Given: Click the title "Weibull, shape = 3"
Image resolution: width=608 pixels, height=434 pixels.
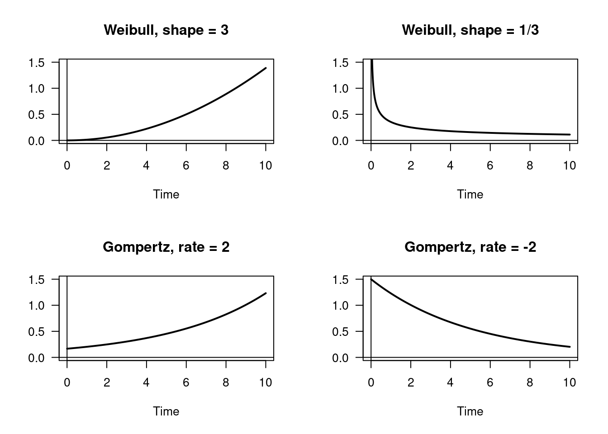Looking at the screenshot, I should click(166, 30).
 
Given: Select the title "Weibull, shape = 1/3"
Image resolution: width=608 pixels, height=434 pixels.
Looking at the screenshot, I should click(470, 30).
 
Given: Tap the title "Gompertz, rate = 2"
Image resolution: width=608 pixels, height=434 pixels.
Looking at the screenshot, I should click(166, 247).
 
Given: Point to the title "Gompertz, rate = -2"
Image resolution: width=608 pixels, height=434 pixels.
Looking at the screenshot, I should click(470, 247).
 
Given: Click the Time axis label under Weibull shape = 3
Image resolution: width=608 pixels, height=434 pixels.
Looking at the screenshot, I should click(166, 194).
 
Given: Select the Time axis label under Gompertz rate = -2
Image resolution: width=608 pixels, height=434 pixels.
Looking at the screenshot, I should click(470, 411).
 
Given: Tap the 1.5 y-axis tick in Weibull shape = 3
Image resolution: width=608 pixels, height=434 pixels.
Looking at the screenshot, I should click(36, 62).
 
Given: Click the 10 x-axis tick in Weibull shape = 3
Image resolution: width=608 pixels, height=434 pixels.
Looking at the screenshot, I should click(266, 165).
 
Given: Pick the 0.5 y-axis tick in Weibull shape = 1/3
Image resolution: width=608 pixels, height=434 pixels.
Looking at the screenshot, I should click(340, 115).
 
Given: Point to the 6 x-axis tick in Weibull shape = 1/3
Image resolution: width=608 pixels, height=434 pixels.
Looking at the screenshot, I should click(490, 165).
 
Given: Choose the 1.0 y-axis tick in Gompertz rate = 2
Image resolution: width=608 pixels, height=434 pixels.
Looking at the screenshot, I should click(36, 306).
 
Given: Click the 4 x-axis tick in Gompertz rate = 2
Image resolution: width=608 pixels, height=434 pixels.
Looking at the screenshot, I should click(146, 382).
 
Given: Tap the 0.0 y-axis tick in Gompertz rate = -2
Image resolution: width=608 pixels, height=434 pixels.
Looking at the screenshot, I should click(340, 358).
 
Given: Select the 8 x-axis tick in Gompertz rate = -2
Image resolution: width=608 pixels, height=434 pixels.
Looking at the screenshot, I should click(530, 382).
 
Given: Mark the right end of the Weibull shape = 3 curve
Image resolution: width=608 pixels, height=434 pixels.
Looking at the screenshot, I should click(266, 68).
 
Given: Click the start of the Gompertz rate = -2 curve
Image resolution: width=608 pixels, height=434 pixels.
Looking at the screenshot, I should click(371, 279).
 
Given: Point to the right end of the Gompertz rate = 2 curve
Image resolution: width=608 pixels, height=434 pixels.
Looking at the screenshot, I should click(266, 293).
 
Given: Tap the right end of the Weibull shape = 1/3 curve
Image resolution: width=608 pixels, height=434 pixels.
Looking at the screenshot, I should click(570, 134).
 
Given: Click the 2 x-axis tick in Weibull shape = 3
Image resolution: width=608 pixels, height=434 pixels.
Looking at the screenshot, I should click(107, 165).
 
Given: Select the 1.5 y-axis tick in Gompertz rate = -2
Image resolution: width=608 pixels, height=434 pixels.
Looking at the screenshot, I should click(340, 279).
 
